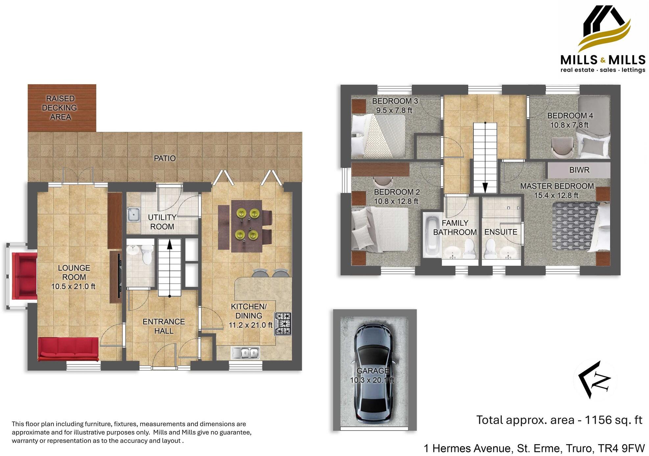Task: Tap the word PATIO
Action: pyautogui.click(x=165, y=158)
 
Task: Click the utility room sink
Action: pyautogui.click(x=133, y=214)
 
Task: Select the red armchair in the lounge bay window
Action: pyautogui.click(x=24, y=276)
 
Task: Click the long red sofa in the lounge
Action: pyautogui.click(x=68, y=349)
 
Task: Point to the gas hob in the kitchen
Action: pyautogui.click(x=283, y=324)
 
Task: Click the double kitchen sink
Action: pyautogui.click(x=246, y=353)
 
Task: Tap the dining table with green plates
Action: pyautogui.click(x=247, y=226)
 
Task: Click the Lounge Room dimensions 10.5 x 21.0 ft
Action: pyautogui.click(x=73, y=287)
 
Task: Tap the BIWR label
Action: pyautogui.click(x=579, y=170)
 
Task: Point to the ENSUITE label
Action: pyautogui.click(x=500, y=232)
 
